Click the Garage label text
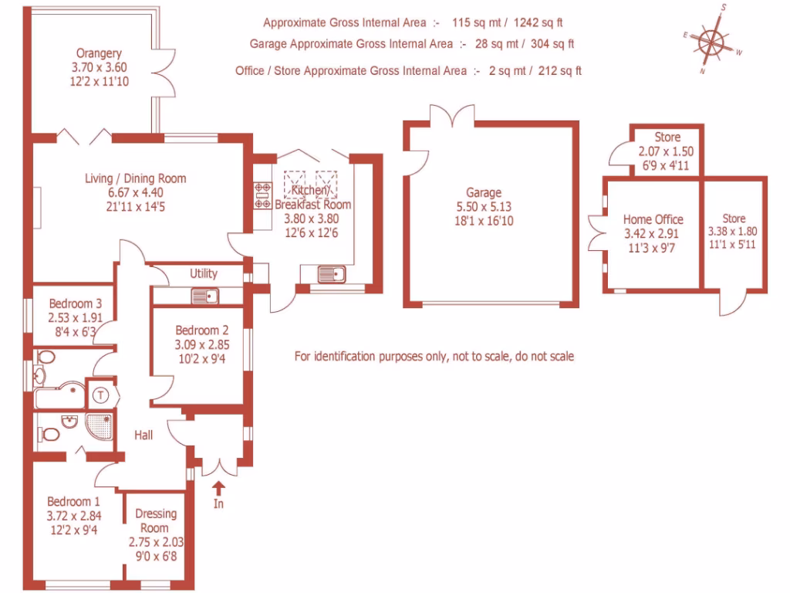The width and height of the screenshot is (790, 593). point(483,192)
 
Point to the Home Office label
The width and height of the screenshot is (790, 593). point(653,219)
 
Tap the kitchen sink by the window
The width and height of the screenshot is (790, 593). point(333,274)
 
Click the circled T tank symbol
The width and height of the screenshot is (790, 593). point(101,395)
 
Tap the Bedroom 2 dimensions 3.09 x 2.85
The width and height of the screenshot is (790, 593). point(201,344)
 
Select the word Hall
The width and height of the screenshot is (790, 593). point(143,435)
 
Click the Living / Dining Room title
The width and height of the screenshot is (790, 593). point(135,178)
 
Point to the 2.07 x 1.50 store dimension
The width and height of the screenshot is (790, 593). point(667,151)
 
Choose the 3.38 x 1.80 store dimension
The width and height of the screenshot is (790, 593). point(734,231)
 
